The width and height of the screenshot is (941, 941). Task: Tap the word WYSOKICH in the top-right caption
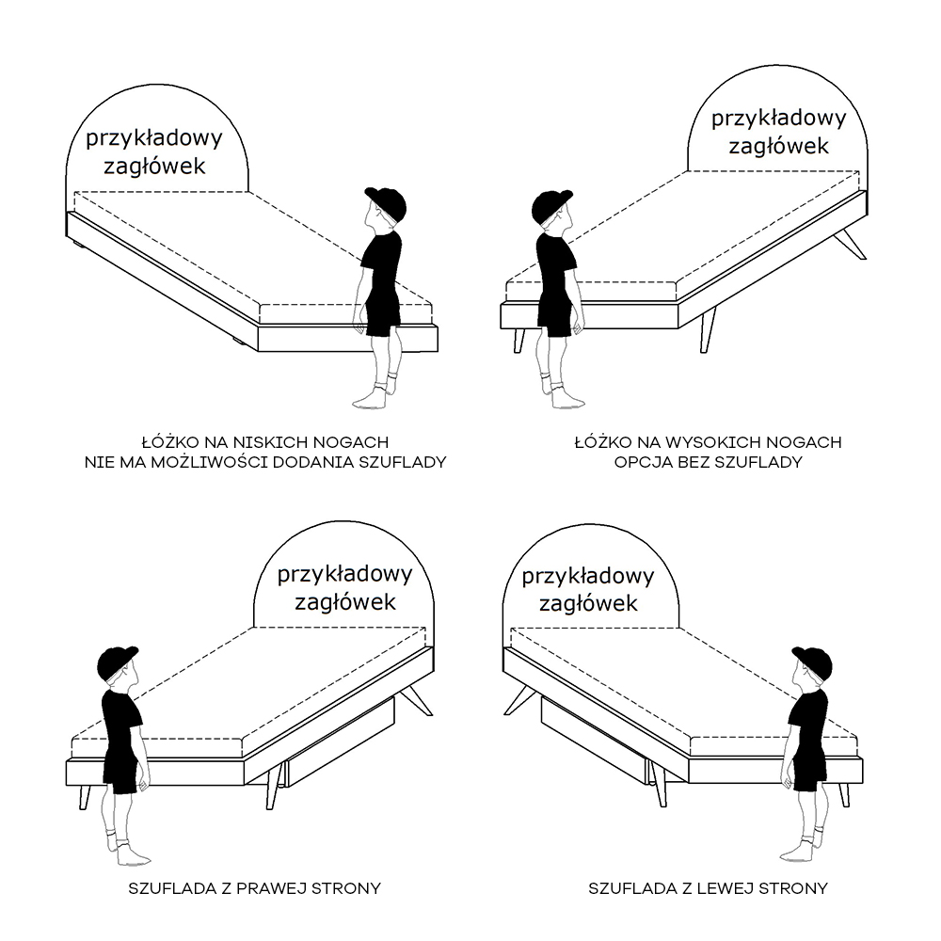tap(713, 443)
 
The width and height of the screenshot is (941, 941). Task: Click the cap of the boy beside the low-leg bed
tap(385, 202)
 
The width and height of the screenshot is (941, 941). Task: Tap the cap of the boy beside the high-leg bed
tap(551, 206)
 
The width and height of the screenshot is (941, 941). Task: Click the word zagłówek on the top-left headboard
tap(155, 167)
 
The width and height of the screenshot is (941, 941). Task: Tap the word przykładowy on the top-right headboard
tap(778, 119)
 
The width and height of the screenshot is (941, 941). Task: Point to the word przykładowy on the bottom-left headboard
tap(344, 575)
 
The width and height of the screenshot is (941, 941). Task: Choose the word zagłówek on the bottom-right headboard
tap(588, 603)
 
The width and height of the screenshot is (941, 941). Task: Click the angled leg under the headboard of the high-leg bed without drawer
tap(850, 245)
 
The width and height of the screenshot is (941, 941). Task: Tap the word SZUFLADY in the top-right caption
tap(764, 462)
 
